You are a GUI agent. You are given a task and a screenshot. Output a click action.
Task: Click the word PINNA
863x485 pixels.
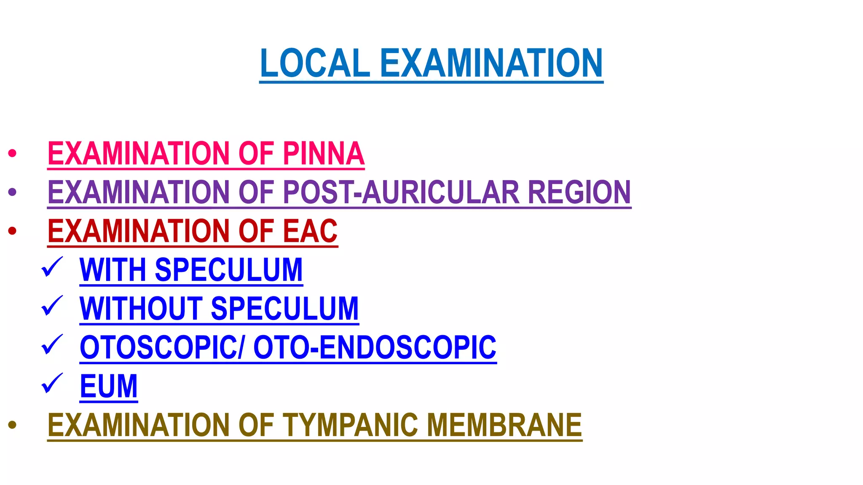pos(323,153)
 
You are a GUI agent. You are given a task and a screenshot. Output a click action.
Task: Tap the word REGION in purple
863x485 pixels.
pos(579,192)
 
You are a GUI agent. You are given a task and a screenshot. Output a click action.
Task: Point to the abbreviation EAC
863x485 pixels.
pos(310,231)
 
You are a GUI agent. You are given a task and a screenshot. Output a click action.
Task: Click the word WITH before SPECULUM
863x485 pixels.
pos(113,270)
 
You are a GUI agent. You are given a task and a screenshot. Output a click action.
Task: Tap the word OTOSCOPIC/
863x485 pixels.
pos(162,348)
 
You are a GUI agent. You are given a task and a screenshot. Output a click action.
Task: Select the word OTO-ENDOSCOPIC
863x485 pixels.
pos(375,348)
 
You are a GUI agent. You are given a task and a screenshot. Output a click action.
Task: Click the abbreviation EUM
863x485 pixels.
pos(109,386)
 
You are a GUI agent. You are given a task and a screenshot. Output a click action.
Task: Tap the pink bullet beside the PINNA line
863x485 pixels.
pos(12,153)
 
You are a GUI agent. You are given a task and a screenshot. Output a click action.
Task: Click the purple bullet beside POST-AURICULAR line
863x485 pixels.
pos(12,192)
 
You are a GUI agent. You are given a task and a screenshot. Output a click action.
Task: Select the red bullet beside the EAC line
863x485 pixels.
pos(12,231)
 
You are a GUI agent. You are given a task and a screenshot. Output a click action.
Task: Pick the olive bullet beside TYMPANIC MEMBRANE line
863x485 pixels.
pos(12,425)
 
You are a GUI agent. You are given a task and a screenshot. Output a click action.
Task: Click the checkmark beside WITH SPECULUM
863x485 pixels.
pos(52,267)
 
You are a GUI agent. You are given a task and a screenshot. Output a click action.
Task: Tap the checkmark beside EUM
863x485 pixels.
pos(52,384)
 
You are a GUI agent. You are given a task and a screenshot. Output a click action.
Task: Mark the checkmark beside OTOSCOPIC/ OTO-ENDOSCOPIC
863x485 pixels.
pos(52,345)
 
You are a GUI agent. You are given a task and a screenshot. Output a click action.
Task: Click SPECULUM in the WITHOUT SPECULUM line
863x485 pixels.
pos(284,309)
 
